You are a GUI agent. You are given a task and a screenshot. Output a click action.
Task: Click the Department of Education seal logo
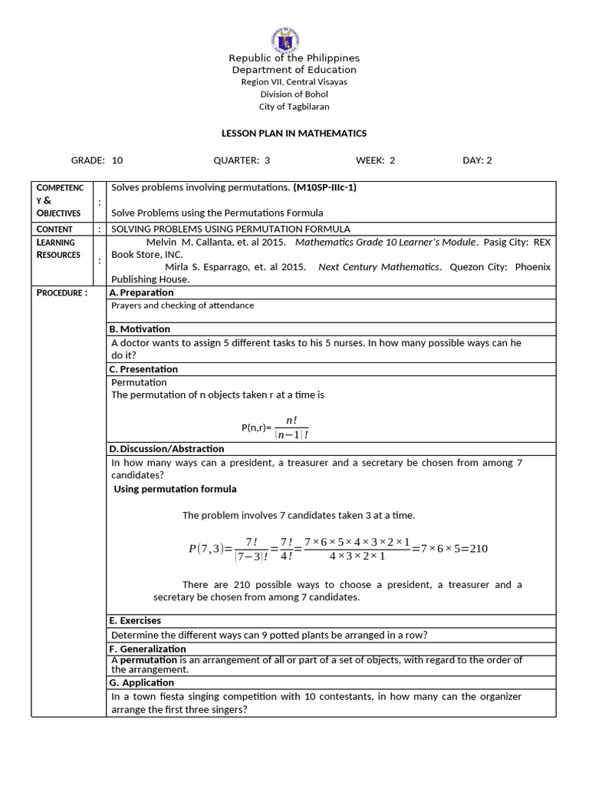tap(285, 39)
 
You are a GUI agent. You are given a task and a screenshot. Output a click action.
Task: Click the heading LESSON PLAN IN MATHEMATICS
tap(294, 134)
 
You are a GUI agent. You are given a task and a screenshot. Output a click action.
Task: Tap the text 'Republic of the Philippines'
tap(294, 58)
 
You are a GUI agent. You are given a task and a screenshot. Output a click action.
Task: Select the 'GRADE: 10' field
tap(97, 160)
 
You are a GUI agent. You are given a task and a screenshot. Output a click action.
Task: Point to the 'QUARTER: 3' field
tap(242, 160)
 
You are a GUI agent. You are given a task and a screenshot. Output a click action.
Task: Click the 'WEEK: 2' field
tap(375, 160)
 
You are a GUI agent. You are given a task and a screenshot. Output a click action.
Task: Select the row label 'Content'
tap(54, 230)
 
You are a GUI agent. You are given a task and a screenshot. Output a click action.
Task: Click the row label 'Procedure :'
tap(62, 293)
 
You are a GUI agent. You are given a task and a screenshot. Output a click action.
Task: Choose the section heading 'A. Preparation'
tap(141, 292)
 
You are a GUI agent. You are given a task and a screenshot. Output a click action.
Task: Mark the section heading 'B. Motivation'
tap(140, 329)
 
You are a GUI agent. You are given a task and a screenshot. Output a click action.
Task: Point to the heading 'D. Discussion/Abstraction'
tap(166, 449)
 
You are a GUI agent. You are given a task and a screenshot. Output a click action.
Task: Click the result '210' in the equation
tap(478, 548)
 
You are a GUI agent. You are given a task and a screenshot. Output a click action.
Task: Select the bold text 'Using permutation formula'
tap(175, 489)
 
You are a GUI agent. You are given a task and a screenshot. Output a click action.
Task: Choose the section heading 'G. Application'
tap(142, 682)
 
